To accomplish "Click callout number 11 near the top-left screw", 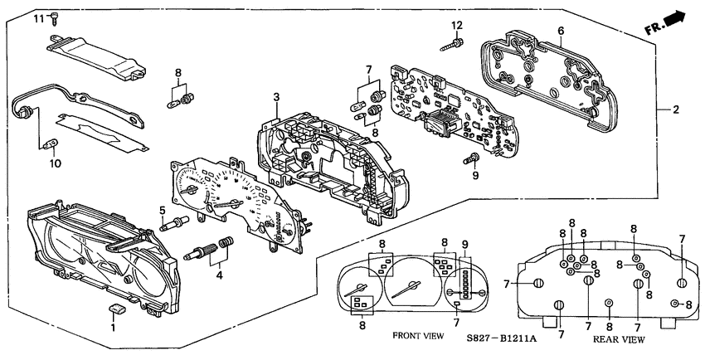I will pyautogui.click(x=37, y=17).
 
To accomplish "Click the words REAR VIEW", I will pyautogui.click(x=620, y=339).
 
